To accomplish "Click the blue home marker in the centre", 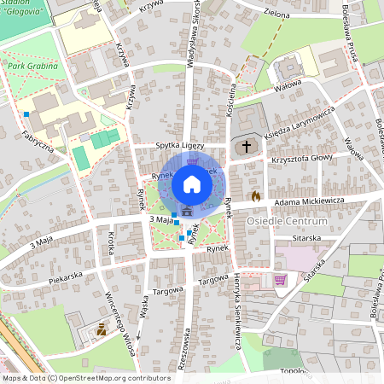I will click(x=192, y=183).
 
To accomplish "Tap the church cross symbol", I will click(x=247, y=147).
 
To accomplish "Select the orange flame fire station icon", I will click(x=254, y=195).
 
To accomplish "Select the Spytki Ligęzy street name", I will click(x=181, y=146).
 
